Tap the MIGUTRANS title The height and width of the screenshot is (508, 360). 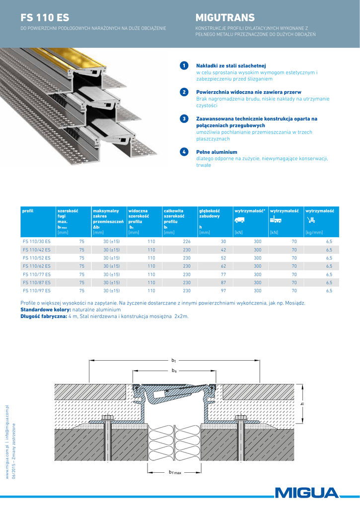pyautogui.click(x=225, y=18)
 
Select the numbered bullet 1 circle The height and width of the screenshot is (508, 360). pyautogui.click(x=184, y=65)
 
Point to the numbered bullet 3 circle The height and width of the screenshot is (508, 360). pyautogui.click(x=184, y=119)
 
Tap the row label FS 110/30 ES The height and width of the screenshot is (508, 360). pyautogui.click(x=37, y=241)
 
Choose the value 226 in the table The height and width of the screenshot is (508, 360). pyautogui.click(x=187, y=241)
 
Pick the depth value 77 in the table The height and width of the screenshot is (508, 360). pyautogui.click(x=223, y=274)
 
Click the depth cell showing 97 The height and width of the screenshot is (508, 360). pyautogui.click(x=223, y=291)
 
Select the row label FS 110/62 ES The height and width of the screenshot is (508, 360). pyautogui.click(x=37, y=266)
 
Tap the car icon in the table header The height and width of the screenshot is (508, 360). pyautogui.click(x=239, y=220)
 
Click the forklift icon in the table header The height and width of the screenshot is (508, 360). pyautogui.click(x=276, y=220)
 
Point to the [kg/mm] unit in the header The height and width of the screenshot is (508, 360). pyautogui.click(x=314, y=232)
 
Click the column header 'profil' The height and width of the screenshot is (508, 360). pyautogui.click(x=28, y=211)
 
